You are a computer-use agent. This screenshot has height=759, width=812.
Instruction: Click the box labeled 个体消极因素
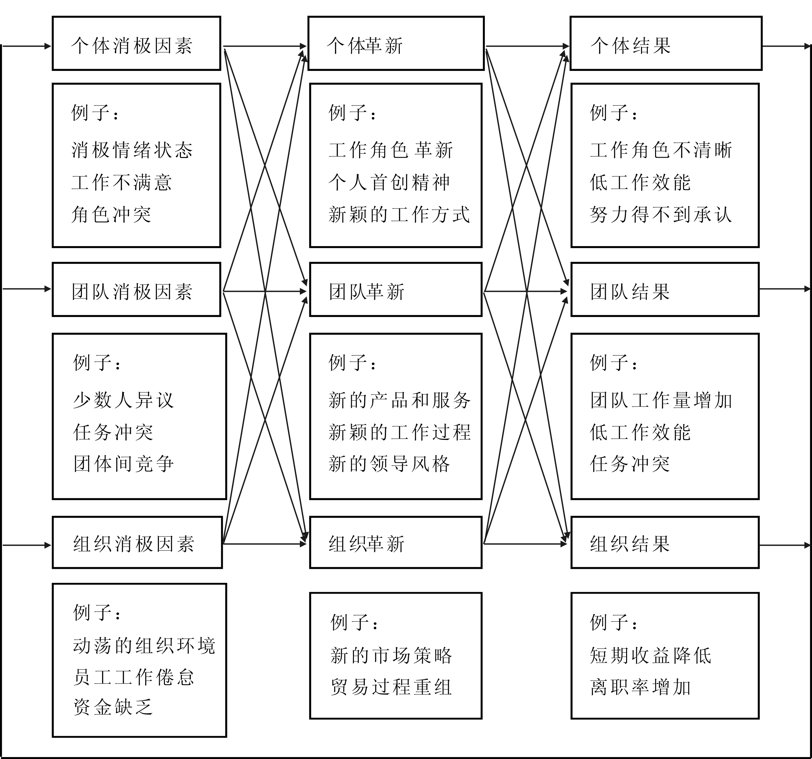pos(137,43)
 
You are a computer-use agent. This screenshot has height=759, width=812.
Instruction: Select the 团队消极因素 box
pos(137,289)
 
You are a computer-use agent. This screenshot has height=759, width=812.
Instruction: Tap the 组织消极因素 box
pos(137,542)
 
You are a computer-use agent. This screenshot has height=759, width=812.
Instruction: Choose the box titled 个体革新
pos(396,43)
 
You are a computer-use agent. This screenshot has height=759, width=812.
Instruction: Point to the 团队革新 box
pos(396,289)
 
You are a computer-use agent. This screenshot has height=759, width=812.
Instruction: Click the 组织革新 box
pos(396,542)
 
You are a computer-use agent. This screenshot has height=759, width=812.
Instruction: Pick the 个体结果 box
pos(666,43)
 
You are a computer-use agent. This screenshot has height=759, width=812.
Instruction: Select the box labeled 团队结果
pos(665,289)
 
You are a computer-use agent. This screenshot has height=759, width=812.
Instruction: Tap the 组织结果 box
pos(665,542)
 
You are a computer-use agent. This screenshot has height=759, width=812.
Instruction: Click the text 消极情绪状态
pos(132,150)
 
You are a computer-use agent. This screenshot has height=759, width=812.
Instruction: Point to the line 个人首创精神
pos(389,182)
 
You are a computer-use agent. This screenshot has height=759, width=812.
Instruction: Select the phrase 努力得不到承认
pos(661,214)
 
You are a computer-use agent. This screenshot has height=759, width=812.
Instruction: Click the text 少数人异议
pos(124,400)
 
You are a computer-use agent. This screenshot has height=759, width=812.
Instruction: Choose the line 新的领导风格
pos(389,464)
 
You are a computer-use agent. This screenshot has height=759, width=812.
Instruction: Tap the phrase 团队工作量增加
pos(661,400)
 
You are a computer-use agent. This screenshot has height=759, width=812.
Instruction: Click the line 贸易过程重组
pos(391,687)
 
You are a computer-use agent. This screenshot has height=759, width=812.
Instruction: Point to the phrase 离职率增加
pos(640,687)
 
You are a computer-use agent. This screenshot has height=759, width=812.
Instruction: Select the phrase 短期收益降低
pos(651,655)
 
